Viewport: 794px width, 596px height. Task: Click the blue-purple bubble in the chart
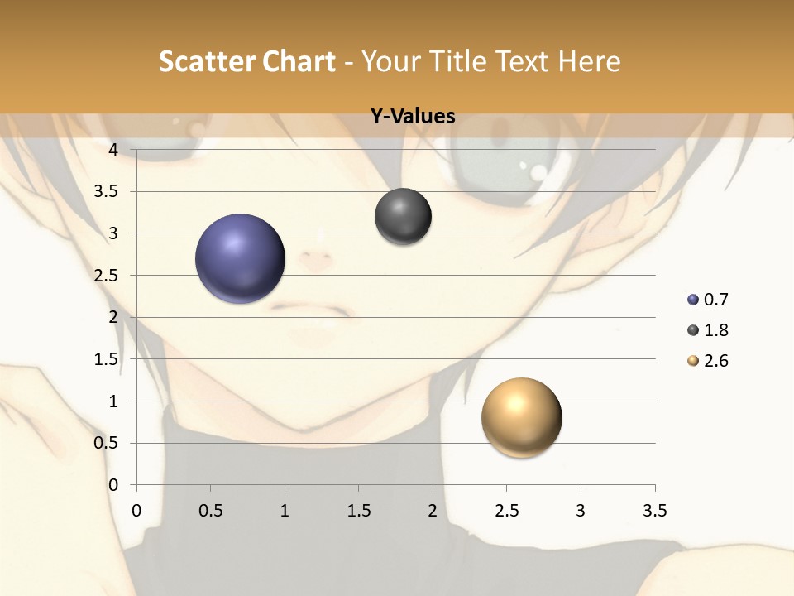coord(240,258)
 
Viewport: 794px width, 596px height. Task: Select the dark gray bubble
coord(403,217)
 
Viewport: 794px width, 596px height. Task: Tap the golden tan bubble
coord(521,417)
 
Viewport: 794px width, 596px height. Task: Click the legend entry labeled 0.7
coord(708,300)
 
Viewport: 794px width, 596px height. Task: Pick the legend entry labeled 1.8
coord(708,330)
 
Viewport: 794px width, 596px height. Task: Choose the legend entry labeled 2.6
coord(708,361)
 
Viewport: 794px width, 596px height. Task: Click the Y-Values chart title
coord(413,116)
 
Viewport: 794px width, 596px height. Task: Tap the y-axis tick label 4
coord(112,150)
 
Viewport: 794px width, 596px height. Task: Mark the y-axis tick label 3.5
coord(107,192)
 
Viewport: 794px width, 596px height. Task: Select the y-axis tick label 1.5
coord(107,359)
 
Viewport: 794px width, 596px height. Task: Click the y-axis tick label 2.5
coord(107,276)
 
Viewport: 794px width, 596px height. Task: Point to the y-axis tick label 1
coord(113,401)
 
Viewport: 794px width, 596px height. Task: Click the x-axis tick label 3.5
coord(654,512)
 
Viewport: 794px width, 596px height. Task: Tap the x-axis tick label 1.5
coord(358,512)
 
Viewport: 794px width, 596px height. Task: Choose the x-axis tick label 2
coord(433,512)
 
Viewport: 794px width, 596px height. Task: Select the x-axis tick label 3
coord(581,512)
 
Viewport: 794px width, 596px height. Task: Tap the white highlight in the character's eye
coord(538,172)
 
